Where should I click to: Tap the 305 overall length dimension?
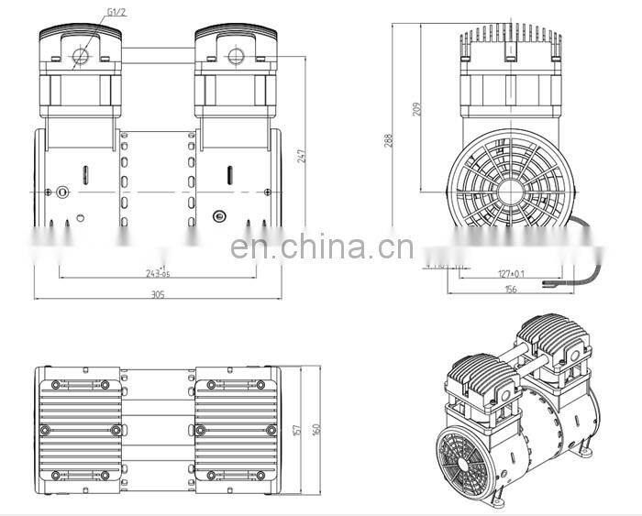(x=157, y=294)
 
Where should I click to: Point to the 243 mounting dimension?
(x=157, y=273)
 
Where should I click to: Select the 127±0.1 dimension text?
(x=511, y=272)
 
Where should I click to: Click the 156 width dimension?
(x=510, y=289)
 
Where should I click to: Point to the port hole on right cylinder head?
(x=235, y=57)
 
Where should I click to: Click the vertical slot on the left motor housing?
(x=84, y=174)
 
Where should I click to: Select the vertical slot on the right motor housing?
(x=229, y=174)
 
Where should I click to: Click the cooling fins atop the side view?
(x=510, y=38)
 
